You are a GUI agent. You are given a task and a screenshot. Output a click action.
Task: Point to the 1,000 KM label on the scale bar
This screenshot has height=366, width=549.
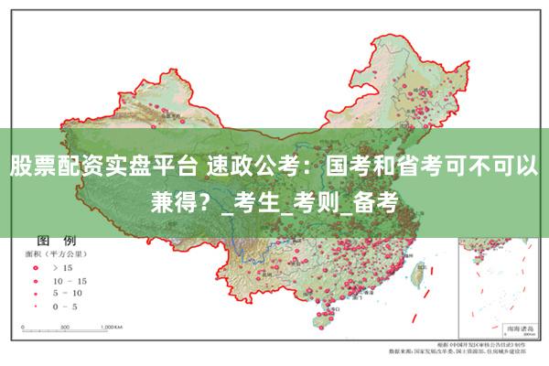click(111, 326)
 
